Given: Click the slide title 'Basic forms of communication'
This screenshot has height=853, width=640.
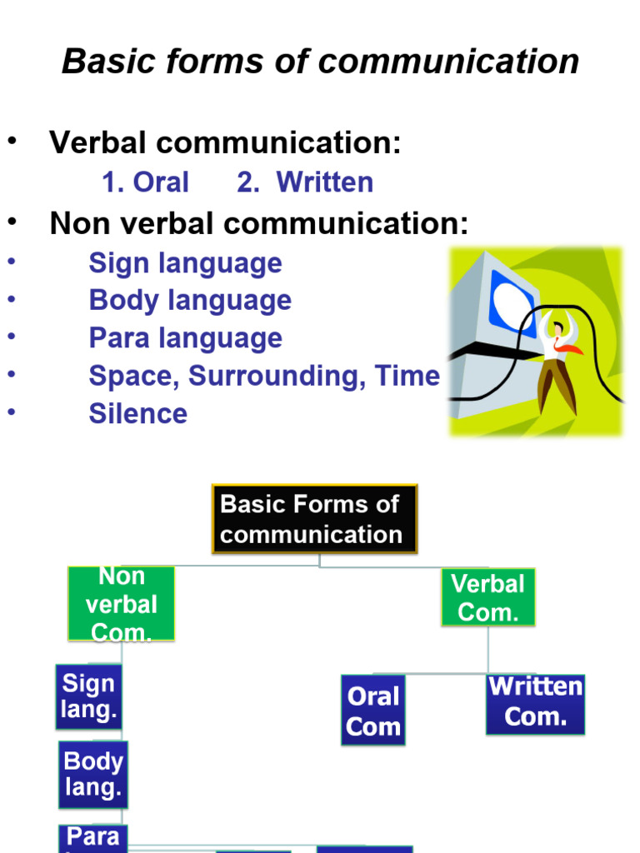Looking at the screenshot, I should (x=320, y=62).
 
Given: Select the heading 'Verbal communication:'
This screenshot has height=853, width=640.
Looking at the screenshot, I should (x=225, y=143).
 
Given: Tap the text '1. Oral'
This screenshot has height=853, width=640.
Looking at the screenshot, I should (x=145, y=182).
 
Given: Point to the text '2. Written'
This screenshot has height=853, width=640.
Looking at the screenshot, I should (x=305, y=182).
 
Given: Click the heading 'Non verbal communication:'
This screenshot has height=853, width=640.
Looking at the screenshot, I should (x=258, y=223).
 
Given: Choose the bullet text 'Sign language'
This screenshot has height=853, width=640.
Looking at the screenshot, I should (x=185, y=263).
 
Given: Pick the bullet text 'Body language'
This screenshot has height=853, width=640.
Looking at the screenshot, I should (x=190, y=301).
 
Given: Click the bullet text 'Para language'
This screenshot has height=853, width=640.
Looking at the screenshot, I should (x=185, y=338).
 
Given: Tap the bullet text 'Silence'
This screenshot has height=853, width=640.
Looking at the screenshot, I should (x=137, y=414).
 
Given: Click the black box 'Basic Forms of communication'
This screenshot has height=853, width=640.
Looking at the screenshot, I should (x=314, y=519).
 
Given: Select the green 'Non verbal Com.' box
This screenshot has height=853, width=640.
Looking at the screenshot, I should (x=121, y=604).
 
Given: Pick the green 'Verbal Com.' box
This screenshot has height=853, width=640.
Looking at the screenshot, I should (x=487, y=597).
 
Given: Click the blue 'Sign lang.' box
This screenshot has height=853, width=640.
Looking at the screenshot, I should (x=88, y=696).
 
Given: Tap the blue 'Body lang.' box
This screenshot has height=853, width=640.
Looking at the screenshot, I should (x=92, y=774).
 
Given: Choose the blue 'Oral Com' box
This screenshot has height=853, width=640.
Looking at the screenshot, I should (x=372, y=711).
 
